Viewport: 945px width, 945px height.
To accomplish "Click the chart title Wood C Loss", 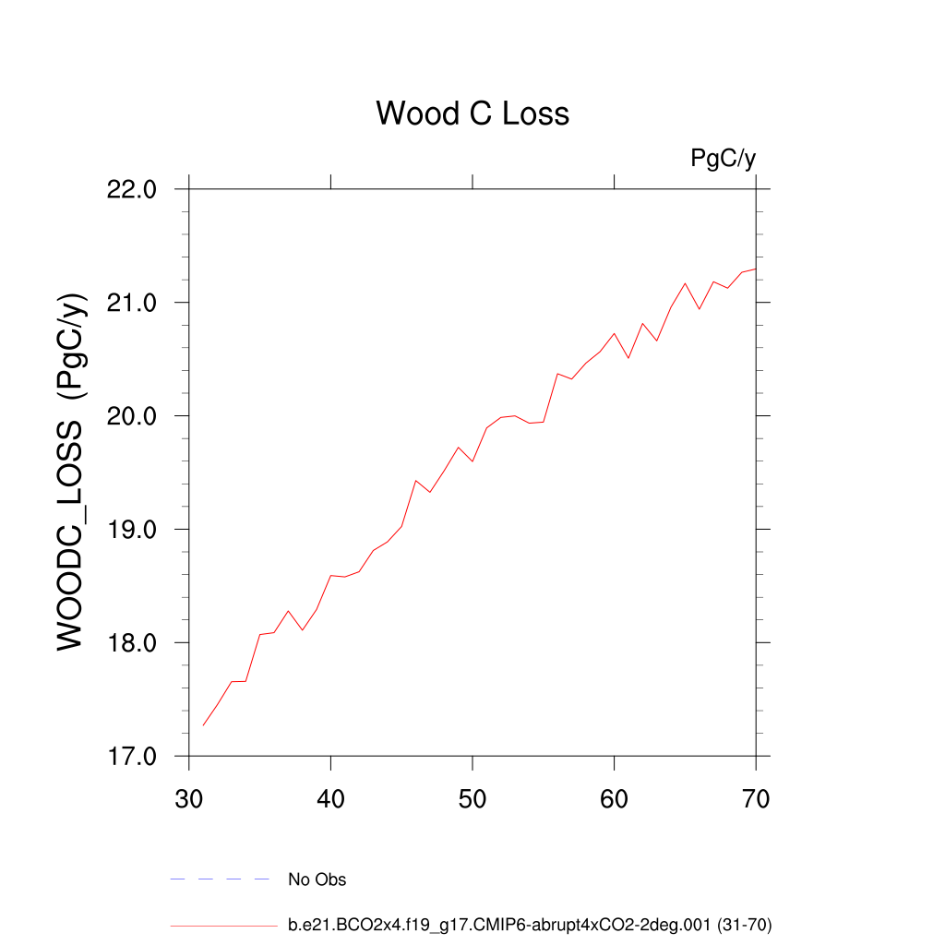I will tap(472, 114).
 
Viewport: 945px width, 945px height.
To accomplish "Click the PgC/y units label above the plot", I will tap(724, 159).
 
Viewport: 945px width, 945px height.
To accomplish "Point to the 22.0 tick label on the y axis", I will tap(132, 189).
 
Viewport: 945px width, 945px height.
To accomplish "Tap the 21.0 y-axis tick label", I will tap(132, 303).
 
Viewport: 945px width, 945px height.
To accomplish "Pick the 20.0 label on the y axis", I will tap(132, 416).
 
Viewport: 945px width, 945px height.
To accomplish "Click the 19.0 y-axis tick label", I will tap(132, 530).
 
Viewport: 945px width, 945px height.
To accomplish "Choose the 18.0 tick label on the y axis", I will tap(132, 643).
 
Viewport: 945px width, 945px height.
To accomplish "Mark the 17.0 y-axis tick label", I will tap(132, 757).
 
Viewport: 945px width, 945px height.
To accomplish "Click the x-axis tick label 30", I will tap(189, 798).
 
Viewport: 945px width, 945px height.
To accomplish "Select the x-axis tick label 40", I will tap(330, 798).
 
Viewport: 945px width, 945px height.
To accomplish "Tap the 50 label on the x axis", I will tap(472, 798).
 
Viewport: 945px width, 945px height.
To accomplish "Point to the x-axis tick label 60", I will tap(614, 798).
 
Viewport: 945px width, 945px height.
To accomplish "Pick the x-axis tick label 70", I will tap(756, 798).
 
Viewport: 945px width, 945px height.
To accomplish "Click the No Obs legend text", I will tap(317, 879).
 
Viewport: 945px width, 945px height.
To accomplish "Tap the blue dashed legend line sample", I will tap(220, 879).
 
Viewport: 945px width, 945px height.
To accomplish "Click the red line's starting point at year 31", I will tap(203, 725).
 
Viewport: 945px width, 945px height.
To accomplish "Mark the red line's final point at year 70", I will tap(756, 269).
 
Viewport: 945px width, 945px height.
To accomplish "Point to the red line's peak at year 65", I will tap(685, 283).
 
